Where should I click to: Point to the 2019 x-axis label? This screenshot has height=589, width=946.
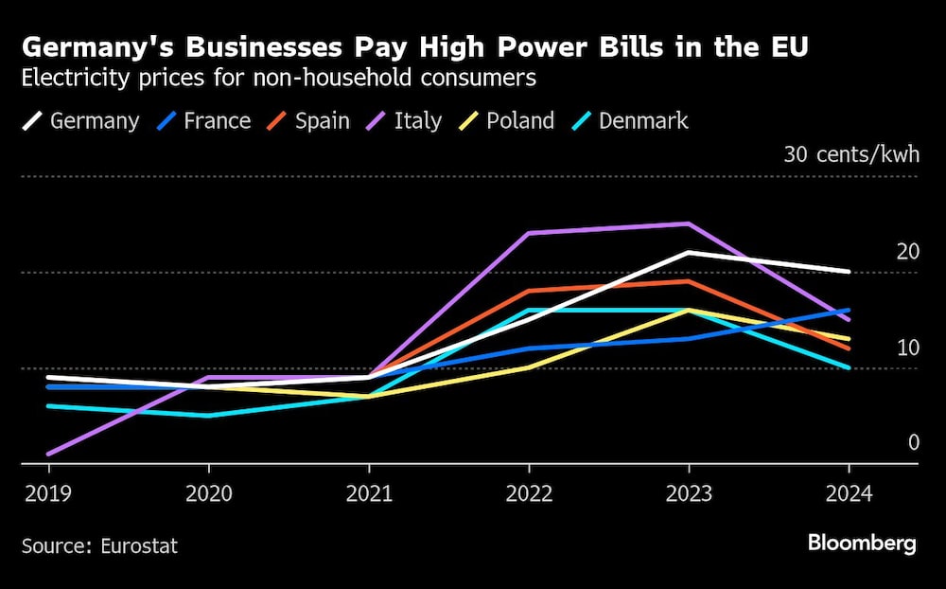(48, 494)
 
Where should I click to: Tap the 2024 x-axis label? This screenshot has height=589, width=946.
(849, 494)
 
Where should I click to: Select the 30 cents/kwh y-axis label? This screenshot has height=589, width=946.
(850, 155)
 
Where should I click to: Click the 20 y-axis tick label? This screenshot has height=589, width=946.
(907, 252)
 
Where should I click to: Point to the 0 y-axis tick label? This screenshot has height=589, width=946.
(913, 443)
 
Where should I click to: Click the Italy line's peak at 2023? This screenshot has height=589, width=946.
(689, 223)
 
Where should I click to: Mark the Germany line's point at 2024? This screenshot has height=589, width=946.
(849, 272)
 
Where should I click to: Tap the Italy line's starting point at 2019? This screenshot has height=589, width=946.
(48, 454)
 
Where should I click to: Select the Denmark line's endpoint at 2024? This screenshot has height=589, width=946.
(849, 367)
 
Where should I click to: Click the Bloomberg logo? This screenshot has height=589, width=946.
(861, 544)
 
